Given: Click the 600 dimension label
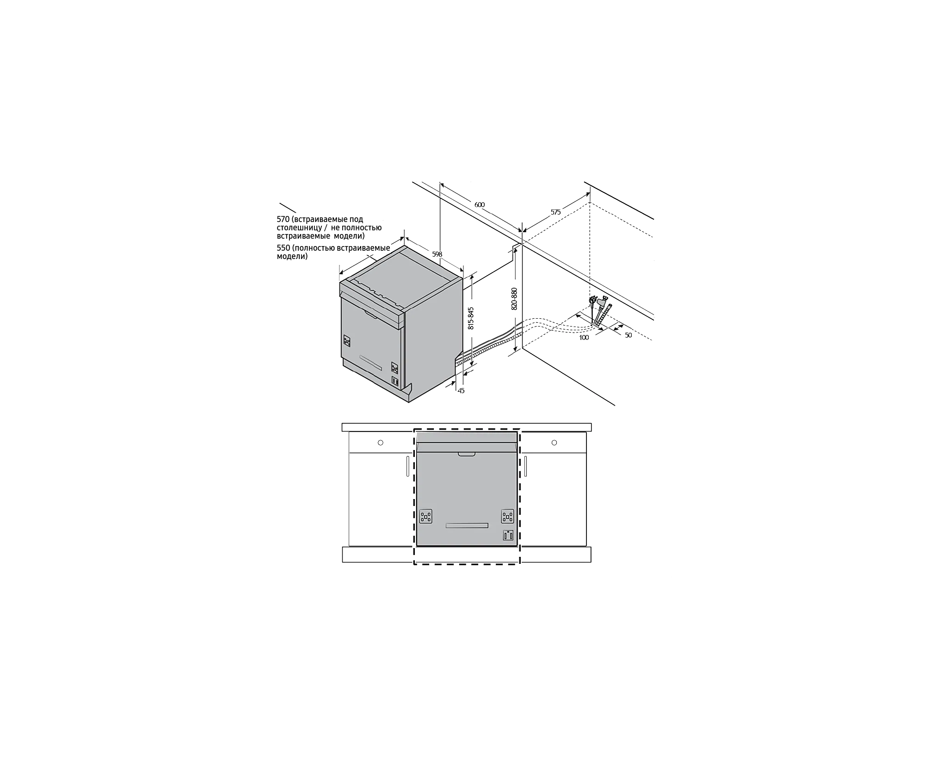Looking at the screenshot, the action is pyautogui.click(x=480, y=205).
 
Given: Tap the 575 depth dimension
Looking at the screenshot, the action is pyautogui.click(x=555, y=212).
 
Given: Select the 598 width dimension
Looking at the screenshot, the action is pyautogui.click(x=437, y=254).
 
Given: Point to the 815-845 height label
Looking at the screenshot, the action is pyautogui.click(x=471, y=318).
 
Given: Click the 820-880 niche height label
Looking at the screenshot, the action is pyautogui.click(x=514, y=299).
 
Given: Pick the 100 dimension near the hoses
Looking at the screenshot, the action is pyautogui.click(x=584, y=338).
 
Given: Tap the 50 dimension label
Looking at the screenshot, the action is pyautogui.click(x=628, y=335).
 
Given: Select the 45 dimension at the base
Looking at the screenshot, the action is pyautogui.click(x=461, y=391).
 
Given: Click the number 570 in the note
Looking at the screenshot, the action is pyautogui.click(x=283, y=219).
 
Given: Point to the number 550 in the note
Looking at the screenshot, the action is pyautogui.click(x=283, y=248).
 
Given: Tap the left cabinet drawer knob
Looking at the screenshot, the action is pyautogui.click(x=381, y=443).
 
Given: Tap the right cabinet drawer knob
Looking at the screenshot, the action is pyautogui.click(x=554, y=443).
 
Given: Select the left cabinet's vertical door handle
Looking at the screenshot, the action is pyautogui.click(x=408, y=466).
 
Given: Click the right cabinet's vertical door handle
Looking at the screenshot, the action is pyautogui.click(x=525, y=466).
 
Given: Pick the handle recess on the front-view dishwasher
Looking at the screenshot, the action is pyautogui.click(x=467, y=455).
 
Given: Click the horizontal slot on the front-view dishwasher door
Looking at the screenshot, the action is pyautogui.click(x=467, y=525).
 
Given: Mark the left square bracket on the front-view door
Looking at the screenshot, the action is pyautogui.click(x=425, y=517).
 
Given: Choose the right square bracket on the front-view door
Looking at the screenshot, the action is pyautogui.click(x=507, y=517).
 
